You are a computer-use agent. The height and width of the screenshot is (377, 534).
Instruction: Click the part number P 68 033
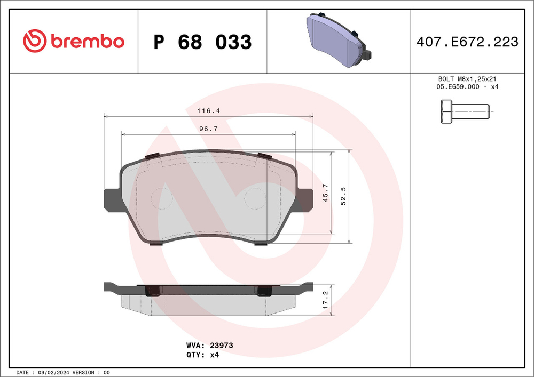pos(202,42)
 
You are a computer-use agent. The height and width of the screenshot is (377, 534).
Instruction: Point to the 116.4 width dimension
pos(208,110)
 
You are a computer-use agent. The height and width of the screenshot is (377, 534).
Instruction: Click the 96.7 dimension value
pos(208,129)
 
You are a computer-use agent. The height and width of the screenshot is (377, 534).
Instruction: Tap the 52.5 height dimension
pos(343,196)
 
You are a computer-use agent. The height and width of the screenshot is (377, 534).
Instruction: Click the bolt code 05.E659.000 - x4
pos(468,86)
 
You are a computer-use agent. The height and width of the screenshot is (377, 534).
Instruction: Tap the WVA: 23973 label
pos(209,346)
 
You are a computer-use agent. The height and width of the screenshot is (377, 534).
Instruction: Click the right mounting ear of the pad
pos(305,200)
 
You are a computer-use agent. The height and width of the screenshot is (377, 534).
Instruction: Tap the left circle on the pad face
pos(162,199)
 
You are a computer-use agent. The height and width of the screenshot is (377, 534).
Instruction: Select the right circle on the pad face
pos(255,199)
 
